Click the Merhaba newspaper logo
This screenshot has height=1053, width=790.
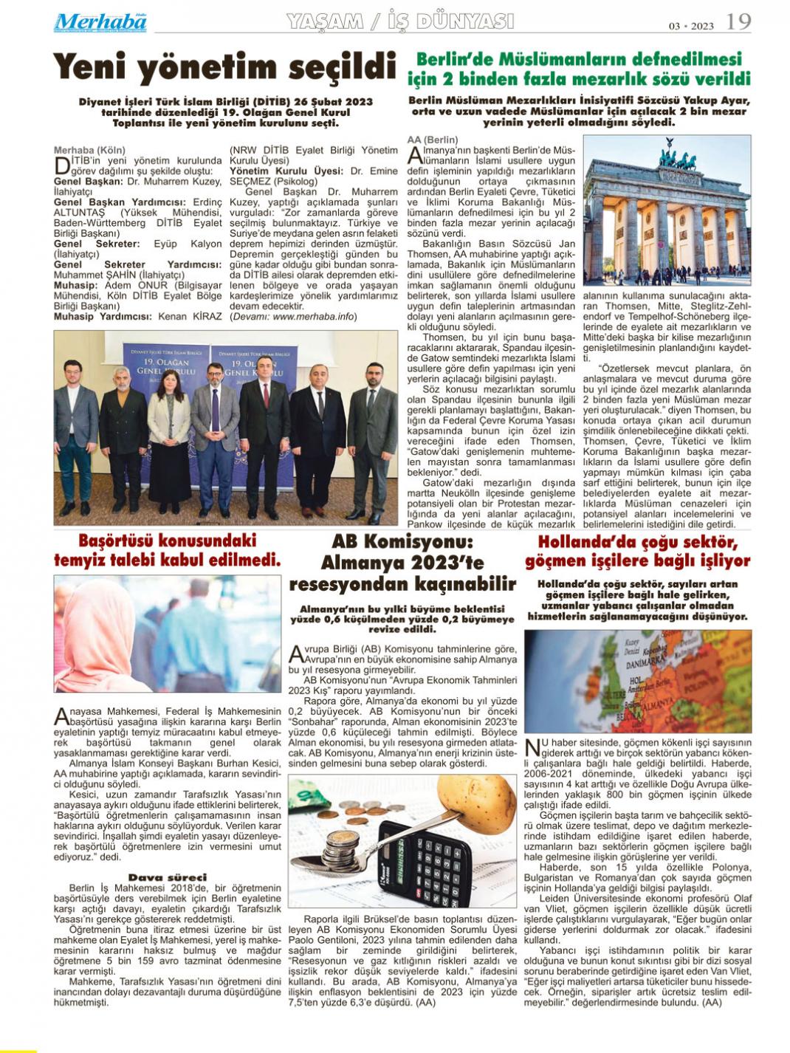coord(100,22)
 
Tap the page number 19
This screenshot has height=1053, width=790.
coord(738,23)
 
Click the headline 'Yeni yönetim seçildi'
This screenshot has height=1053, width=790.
coord(224,67)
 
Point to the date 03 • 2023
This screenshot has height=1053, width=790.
coord(692,26)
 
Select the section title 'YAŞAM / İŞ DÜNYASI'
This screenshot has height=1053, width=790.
coord(399,22)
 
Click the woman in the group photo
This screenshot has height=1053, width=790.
coord(169,428)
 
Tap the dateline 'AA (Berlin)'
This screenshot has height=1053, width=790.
coord(433,140)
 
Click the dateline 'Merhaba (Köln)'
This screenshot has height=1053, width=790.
coord(90,150)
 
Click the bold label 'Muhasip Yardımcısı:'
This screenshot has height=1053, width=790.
coord(104,316)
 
